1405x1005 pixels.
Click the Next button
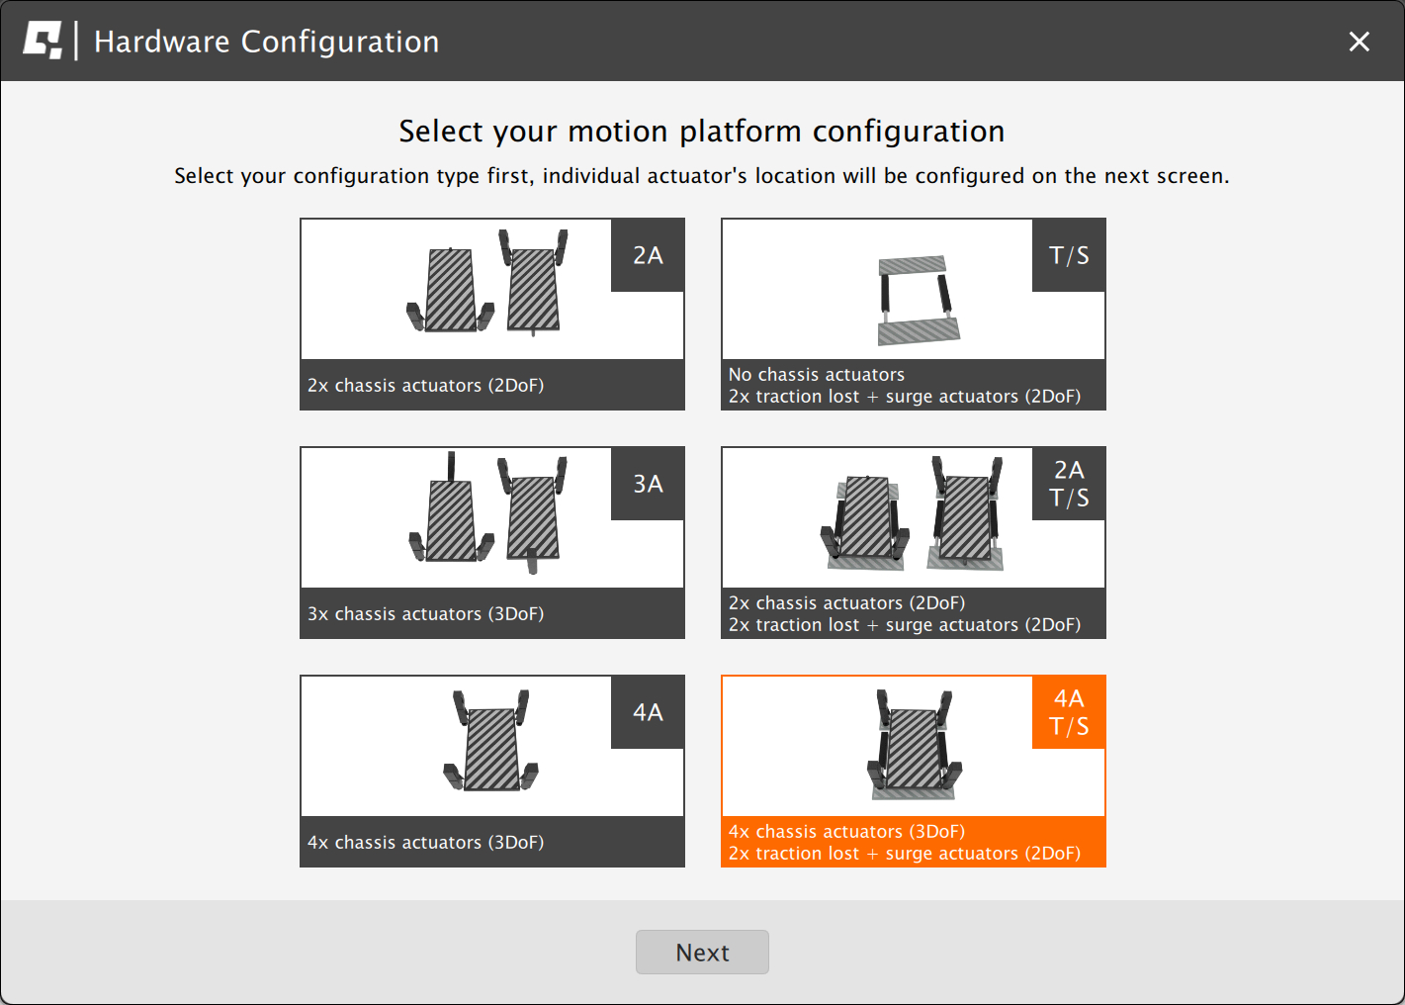click(702, 952)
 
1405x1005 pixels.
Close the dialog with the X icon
click(1359, 42)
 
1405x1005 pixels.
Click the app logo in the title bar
click(43, 41)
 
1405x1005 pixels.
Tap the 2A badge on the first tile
click(648, 254)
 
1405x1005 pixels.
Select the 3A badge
click(648, 483)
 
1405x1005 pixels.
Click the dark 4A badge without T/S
click(648, 711)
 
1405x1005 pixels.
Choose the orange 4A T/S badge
click(1069, 711)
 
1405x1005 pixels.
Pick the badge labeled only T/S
click(1069, 254)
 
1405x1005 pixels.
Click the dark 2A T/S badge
click(1069, 483)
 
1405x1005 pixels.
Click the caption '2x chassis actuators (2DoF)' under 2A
click(425, 385)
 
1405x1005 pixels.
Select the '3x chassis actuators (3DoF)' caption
click(425, 613)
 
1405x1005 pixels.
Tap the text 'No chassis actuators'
click(816, 374)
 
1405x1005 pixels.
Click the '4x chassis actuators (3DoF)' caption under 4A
click(425, 841)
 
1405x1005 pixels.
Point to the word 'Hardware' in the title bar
click(162, 42)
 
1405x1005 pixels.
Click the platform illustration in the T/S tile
click(918, 300)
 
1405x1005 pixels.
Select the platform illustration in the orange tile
click(914, 744)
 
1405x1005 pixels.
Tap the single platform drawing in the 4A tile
click(491, 740)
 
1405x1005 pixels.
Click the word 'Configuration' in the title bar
click(340, 42)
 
